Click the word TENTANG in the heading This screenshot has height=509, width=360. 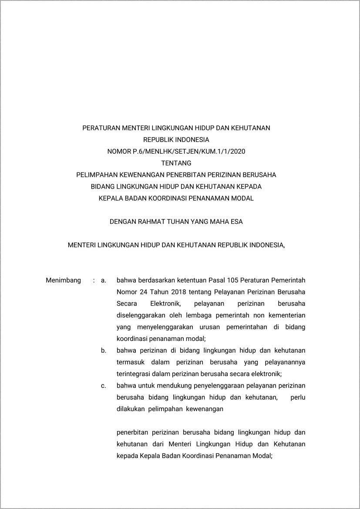point(176,163)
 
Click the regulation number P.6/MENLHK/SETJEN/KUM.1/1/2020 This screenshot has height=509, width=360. point(189,152)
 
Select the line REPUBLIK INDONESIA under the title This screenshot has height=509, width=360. point(176,140)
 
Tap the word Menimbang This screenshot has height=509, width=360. point(63,280)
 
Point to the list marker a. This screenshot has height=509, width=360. point(104,280)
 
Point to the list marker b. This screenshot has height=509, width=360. point(104,350)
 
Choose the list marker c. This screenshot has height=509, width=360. point(104,385)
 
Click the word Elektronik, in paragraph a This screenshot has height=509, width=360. point(167,303)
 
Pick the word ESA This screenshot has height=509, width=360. point(236,222)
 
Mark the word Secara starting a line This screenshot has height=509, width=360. point(127,303)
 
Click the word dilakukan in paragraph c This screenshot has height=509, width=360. point(131,409)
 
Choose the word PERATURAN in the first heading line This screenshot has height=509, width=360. point(101,128)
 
